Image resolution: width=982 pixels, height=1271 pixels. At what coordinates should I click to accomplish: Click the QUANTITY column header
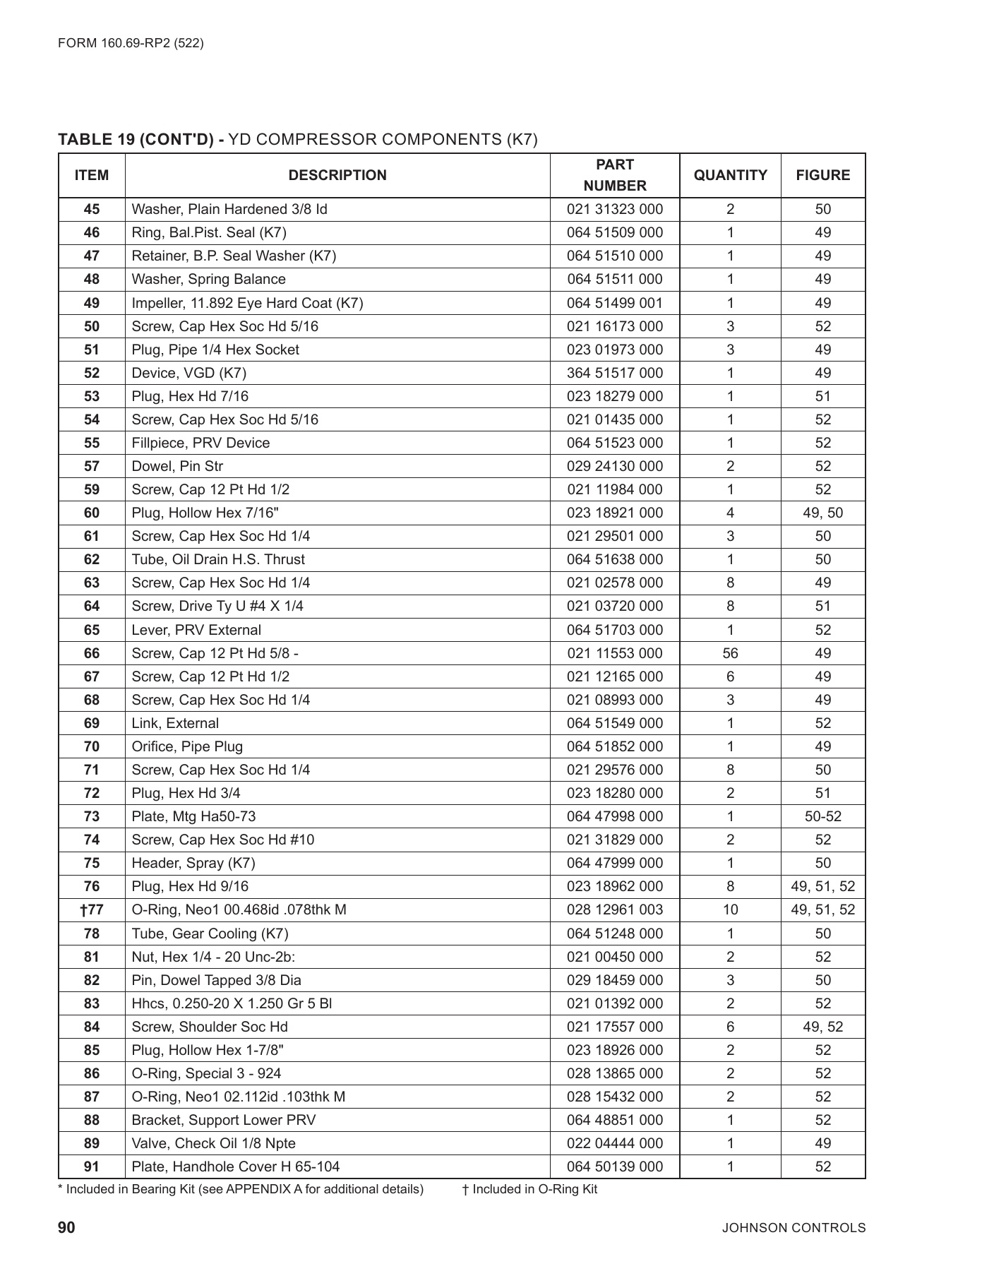(x=730, y=175)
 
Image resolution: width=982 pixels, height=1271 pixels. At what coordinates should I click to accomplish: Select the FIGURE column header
(x=822, y=175)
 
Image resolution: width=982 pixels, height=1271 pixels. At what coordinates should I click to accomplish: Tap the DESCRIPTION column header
(x=337, y=175)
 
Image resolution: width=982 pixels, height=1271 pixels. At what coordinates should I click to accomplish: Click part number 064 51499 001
(x=615, y=303)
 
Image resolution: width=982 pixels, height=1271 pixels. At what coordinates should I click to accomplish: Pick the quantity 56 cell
(x=730, y=653)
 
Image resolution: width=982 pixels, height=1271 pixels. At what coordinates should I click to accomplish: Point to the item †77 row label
(x=92, y=909)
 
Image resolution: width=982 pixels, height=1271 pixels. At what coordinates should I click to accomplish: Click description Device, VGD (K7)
(x=188, y=373)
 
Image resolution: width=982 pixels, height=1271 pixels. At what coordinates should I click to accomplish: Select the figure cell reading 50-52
(x=822, y=816)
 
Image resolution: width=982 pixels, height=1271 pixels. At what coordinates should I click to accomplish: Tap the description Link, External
(x=175, y=723)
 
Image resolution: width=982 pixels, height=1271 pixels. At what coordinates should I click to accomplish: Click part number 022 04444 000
(x=615, y=1143)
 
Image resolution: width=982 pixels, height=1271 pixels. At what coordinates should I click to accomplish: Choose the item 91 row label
(x=92, y=1166)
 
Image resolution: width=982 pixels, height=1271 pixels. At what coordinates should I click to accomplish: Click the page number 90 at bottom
(x=66, y=1227)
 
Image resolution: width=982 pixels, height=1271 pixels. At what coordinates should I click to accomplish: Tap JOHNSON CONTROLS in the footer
(x=793, y=1228)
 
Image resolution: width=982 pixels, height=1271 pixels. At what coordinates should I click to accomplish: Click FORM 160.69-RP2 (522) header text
(x=131, y=43)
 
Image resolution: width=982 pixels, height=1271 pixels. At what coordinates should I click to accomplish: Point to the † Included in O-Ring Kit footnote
(x=529, y=1189)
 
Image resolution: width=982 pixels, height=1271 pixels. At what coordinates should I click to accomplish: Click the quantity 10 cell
(x=730, y=909)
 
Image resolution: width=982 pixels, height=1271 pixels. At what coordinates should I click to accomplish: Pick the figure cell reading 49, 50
(x=822, y=513)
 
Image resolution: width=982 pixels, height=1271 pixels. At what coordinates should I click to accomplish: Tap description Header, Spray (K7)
(x=193, y=863)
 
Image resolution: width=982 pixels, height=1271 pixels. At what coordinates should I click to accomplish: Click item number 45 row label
(x=92, y=209)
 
